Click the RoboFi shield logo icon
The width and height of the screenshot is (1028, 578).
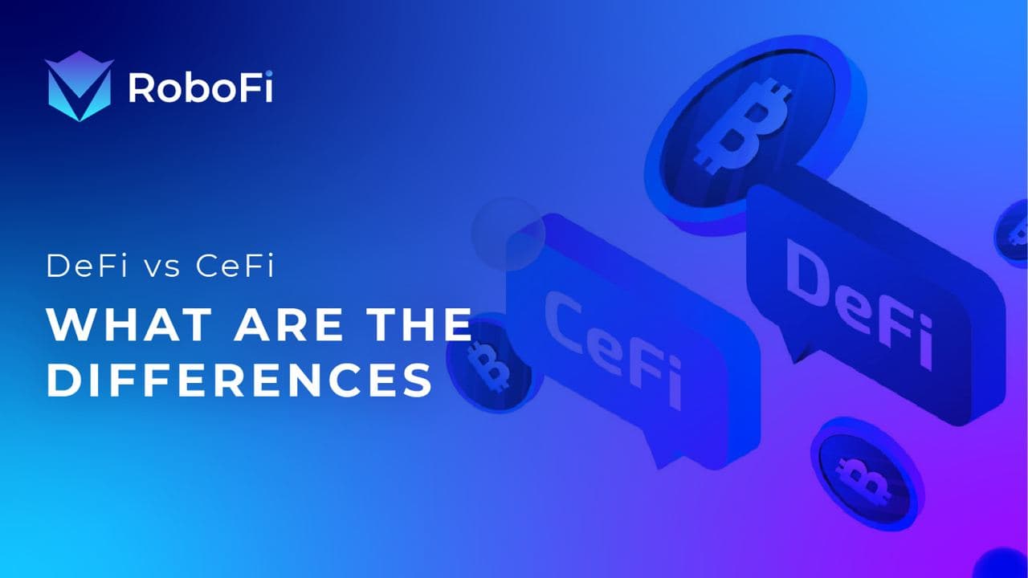coord(79,86)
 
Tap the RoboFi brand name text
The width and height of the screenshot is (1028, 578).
coord(201,88)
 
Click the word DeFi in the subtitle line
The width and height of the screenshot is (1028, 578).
coord(86,266)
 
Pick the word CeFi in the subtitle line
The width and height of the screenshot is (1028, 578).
coord(235,266)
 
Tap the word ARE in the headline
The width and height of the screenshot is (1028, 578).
coord(288,324)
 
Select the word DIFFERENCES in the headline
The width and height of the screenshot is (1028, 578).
coord(239,381)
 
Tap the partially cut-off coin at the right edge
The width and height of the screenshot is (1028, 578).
coord(1012,233)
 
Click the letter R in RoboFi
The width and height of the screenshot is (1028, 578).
coord(139,88)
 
